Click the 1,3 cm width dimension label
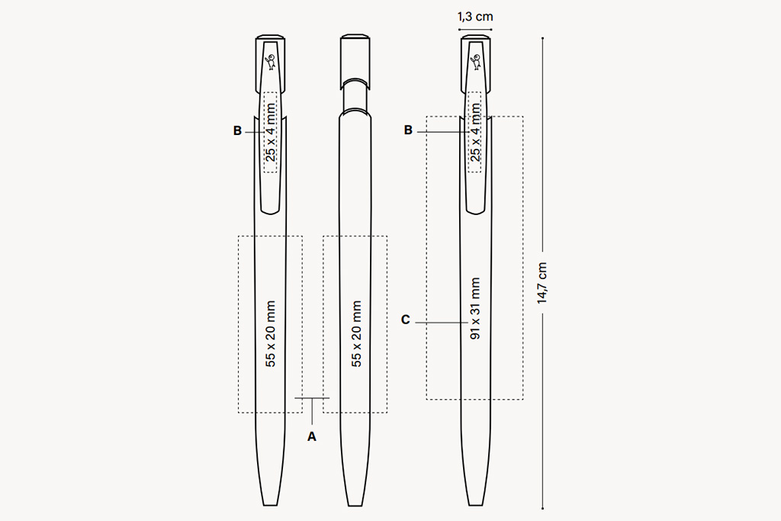475,17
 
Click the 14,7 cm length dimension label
542,283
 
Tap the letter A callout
312,437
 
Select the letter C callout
406,320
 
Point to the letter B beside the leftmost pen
238,131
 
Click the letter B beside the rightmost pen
409,130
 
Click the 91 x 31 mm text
475,309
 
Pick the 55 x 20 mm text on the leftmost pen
271,333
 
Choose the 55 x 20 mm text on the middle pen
356,333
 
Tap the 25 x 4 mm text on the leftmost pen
271,132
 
